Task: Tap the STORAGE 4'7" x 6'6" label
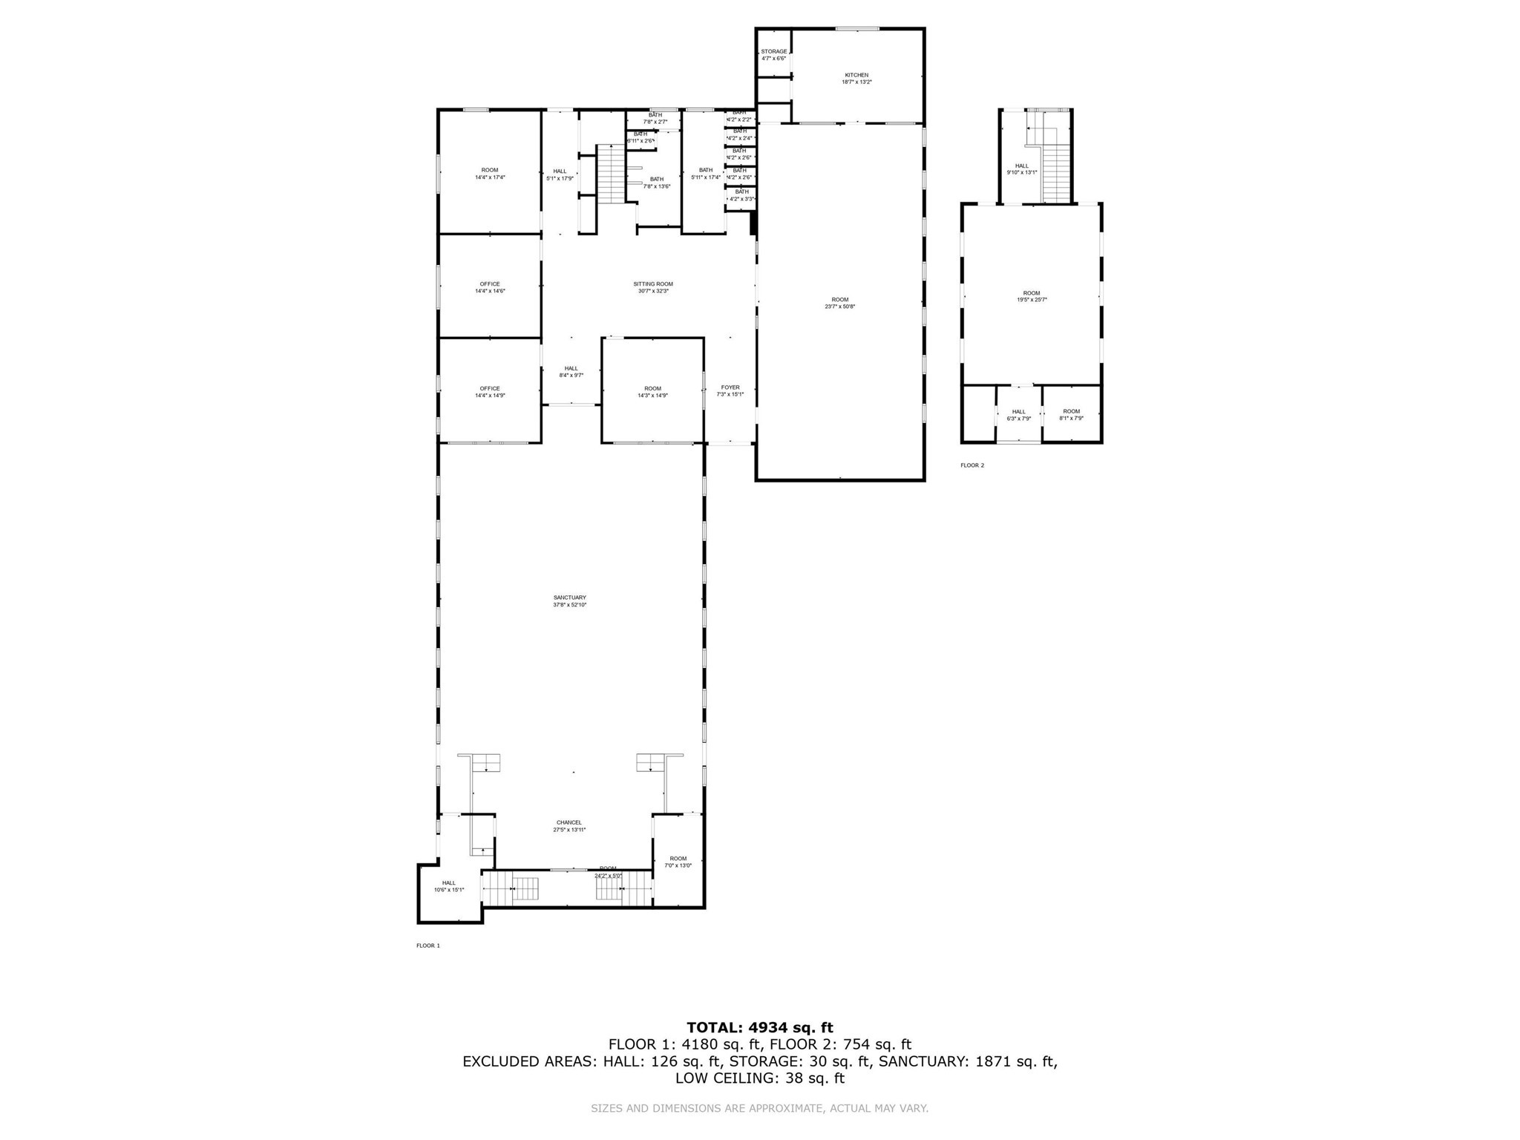coord(773,55)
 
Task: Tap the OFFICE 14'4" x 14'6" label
coord(490,287)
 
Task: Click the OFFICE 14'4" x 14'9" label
coord(490,392)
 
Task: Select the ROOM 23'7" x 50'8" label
coord(839,303)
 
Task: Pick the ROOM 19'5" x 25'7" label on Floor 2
coord(1032,296)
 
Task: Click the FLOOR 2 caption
coord(972,465)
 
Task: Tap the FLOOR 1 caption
coord(428,946)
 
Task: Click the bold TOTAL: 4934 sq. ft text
coord(760,1028)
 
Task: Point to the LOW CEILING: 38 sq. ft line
coord(760,1078)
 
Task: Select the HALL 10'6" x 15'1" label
coord(449,886)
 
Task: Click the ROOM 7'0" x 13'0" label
coord(678,862)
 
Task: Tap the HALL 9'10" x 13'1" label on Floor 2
coord(1022,169)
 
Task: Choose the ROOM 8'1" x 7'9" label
coord(1071,414)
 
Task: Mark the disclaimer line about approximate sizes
coord(760,1109)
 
